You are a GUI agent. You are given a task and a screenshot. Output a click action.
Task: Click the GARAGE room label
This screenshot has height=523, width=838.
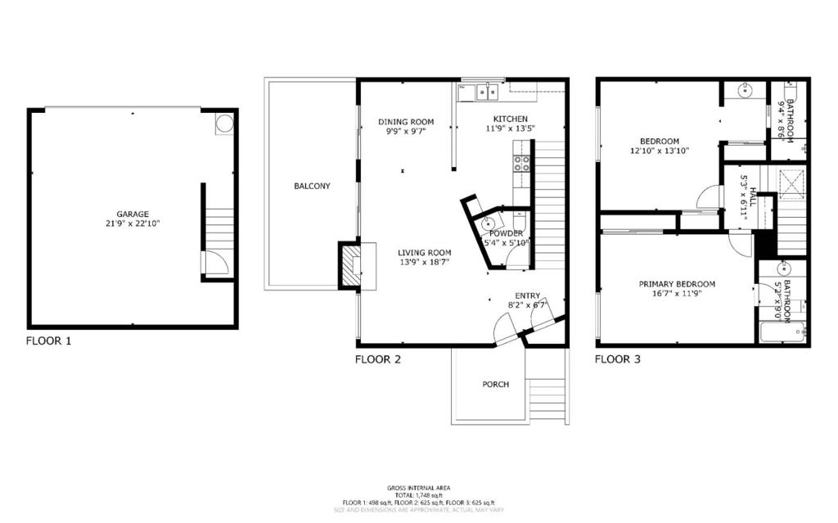(132, 214)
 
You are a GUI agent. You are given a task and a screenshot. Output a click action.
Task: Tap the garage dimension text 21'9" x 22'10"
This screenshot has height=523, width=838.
(132, 223)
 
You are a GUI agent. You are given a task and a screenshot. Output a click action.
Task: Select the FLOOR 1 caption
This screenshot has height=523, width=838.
(48, 340)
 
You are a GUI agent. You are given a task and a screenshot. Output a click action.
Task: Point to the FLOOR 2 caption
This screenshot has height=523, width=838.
(377, 358)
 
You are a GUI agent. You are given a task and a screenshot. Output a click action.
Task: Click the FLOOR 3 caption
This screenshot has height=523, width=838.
(617, 358)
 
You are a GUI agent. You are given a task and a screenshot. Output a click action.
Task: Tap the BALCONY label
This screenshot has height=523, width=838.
(312, 186)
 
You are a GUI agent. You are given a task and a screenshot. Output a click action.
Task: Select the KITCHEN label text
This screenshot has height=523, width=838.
(510, 119)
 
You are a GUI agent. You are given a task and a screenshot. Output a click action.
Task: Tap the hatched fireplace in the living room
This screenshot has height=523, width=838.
(349, 266)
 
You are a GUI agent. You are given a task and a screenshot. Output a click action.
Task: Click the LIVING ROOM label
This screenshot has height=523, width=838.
(425, 252)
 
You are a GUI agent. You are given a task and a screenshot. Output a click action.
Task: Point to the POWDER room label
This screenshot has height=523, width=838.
(506, 233)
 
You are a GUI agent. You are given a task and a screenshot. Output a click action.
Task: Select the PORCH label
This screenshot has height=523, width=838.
(495, 385)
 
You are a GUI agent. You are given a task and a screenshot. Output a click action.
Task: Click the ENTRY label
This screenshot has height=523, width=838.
(527, 295)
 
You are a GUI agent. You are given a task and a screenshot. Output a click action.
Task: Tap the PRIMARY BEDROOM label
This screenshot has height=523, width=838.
(677, 284)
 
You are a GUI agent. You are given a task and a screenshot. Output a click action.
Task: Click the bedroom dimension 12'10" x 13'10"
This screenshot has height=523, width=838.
(660, 151)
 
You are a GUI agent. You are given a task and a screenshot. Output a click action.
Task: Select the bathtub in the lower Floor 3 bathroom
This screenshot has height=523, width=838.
(782, 332)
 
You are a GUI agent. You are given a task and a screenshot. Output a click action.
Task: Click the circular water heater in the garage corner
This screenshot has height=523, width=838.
(223, 124)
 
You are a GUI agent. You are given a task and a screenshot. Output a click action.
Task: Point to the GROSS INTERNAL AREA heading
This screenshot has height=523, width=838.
(418, 488)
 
